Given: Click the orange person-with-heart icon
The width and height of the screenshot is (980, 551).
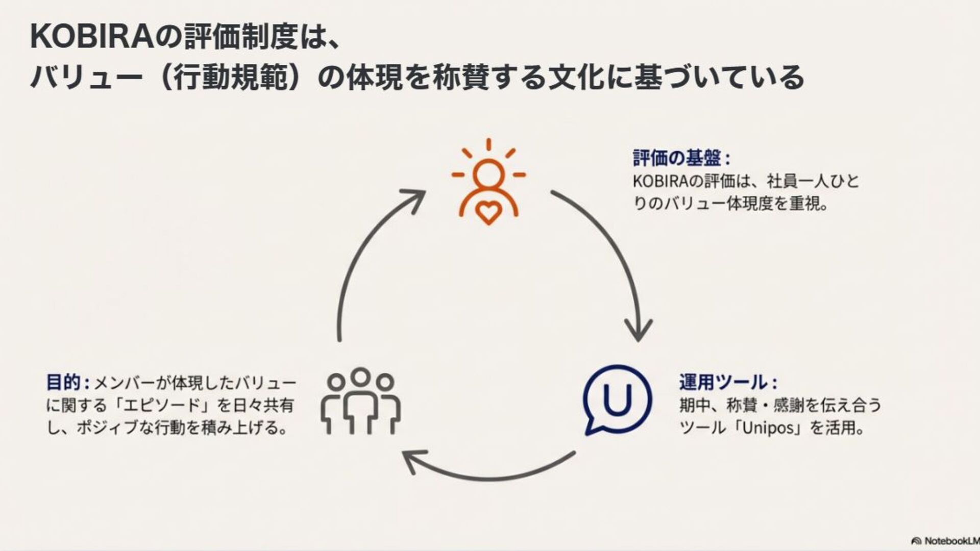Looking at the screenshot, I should pyautogui.click(x=488, y=184).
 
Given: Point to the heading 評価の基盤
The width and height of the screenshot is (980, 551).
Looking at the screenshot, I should pyautogui.click(x=677, y=158).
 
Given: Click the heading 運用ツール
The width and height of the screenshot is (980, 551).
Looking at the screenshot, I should pyautogui.click(x=723, y=382).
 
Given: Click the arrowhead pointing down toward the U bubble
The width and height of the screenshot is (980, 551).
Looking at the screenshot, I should pyautogui.click(x=638, y=331).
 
